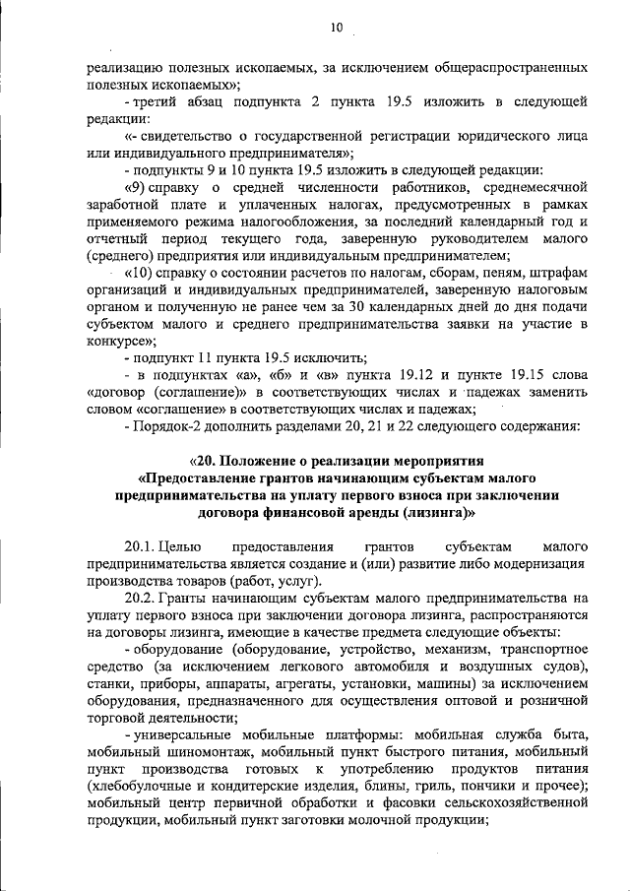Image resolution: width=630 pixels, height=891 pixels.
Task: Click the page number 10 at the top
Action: (x=337, y=30)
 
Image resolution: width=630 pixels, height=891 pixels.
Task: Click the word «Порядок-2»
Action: (x=168, y=426)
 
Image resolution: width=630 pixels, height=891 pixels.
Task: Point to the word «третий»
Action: (x=163, y=102)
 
